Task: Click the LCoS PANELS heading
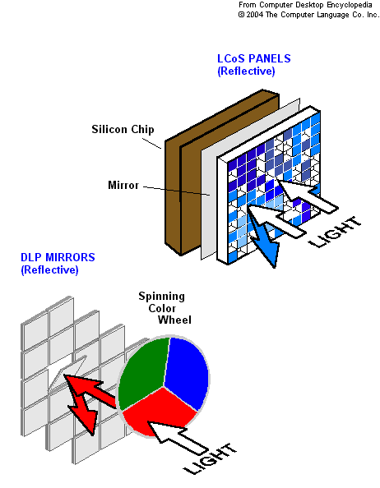254,58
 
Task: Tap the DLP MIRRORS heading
58,257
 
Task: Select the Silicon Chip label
123,130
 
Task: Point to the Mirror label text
123,185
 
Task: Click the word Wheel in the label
174,320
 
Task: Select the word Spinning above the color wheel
162,297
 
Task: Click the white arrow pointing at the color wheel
178,437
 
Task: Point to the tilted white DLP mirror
66,372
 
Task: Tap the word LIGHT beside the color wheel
210,458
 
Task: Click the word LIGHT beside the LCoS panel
335,232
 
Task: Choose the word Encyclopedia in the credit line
350,5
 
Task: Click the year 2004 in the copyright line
254,15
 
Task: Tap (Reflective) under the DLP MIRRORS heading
49,269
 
